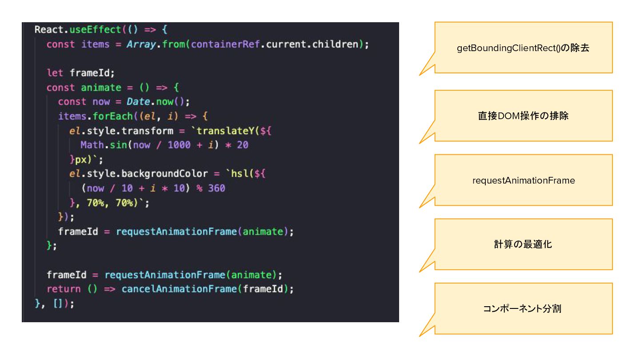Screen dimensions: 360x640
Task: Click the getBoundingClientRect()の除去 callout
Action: point(523,48)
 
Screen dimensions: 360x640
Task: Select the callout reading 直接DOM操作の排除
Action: point(523,116)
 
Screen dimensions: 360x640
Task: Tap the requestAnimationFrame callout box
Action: point(523,180)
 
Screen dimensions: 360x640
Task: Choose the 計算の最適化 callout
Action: point(523,244)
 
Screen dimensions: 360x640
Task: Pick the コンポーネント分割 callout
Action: point(523,308)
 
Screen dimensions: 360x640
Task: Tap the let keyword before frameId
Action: point(55,73)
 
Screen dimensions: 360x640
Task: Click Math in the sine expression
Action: point(92,145)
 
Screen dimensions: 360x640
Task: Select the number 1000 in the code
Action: point(179,145)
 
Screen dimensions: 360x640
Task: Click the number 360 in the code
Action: point(216,188)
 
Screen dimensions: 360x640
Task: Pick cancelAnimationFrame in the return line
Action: point(179,289)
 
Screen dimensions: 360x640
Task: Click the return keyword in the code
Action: point(64,289)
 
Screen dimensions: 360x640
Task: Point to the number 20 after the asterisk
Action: point(243,145)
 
